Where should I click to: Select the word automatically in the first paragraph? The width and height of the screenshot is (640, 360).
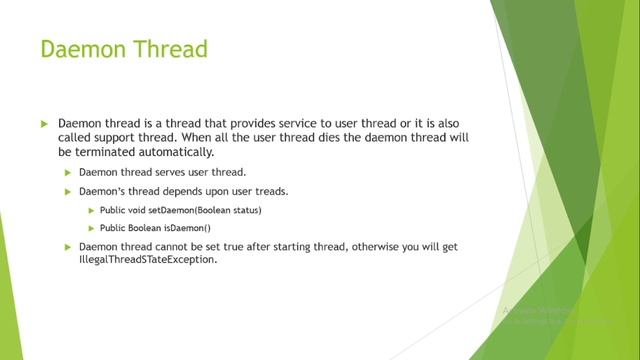click(181, 151)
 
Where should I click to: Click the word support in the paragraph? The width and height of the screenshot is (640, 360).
click(113, 136)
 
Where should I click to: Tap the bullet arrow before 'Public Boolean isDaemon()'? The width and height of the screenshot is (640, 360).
click(92, 227)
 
